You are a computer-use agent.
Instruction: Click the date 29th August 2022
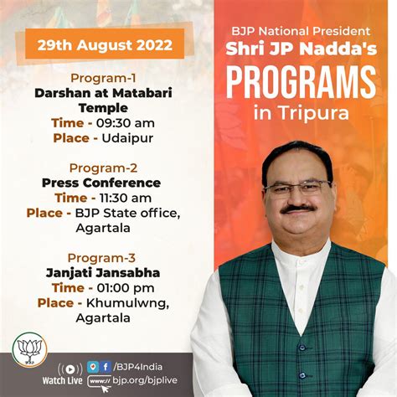point(105,45)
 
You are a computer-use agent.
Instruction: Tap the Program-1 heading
point(103,78)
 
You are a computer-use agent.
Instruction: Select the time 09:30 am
point(126,123)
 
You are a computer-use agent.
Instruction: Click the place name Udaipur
point(127,138)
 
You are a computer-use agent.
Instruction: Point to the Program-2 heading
point(103,168)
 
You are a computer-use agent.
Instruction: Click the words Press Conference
point(101,183)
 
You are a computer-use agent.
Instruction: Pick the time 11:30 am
point(126,198)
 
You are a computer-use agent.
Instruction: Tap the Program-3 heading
point(101,258)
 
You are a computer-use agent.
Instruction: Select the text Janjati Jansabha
point(103,273)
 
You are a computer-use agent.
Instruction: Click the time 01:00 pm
point(126,288)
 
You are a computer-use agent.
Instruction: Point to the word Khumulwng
point(127,303)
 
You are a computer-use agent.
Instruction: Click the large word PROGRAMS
point(301,83)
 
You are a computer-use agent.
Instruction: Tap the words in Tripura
point(302,112)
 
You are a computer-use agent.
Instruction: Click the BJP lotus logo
point(30,349)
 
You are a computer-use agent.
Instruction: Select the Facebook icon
point(106,367)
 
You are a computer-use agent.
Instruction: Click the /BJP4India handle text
point(137,367)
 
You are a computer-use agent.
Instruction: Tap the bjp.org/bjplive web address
point(145,380)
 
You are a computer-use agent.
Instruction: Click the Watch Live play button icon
point(70,369)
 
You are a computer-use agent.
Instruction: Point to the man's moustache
point(298,209)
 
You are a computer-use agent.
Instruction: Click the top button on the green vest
point(302,348)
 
